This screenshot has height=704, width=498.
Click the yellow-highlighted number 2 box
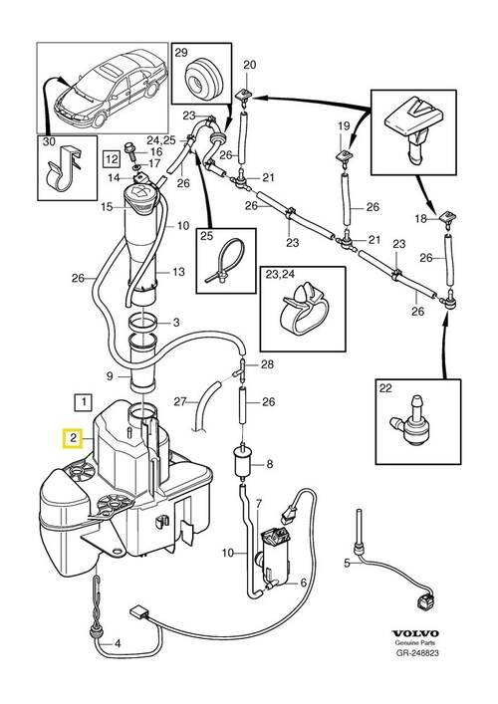[x=73, y=439]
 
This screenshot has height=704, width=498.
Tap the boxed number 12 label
[x=112, y=158]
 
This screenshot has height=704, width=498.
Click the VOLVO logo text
[x=415, y=633]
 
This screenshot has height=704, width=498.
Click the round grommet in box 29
[x=203, y=79]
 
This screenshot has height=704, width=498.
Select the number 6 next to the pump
[x=303, y=583]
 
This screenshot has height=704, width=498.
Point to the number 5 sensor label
[x=347, y=563]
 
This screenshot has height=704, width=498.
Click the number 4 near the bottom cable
[x=118, y=644]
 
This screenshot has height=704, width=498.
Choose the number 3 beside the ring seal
[x=176, y=322]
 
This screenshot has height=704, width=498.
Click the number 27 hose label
[x=180, y=401]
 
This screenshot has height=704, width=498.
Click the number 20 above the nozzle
[x=249, y=65]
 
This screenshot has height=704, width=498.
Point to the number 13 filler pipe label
[x=178, y=271]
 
